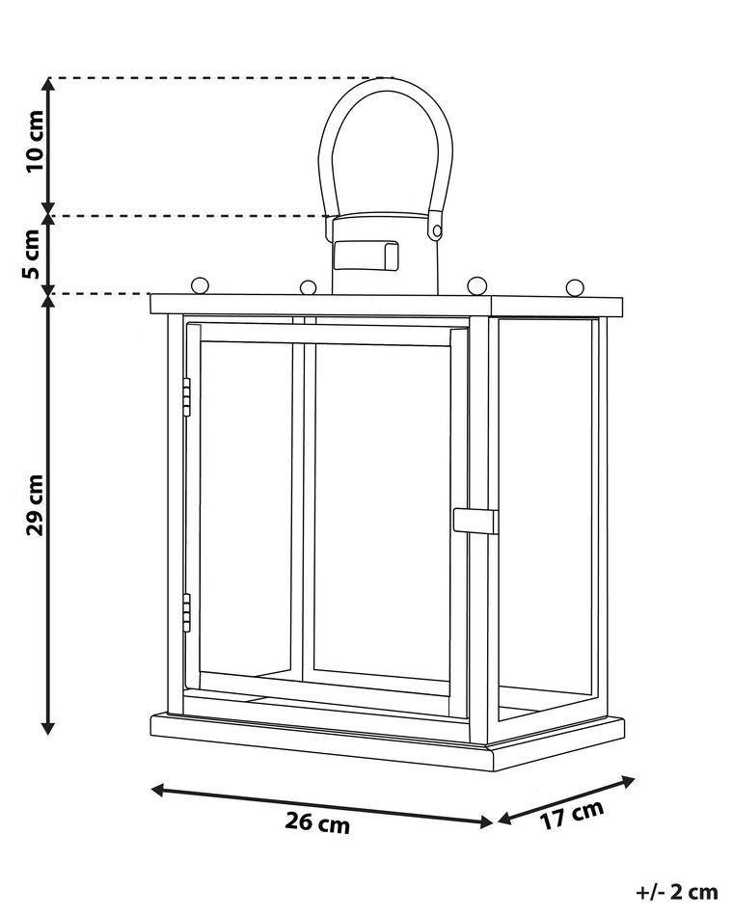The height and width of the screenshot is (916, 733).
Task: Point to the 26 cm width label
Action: click(x=317, y=823)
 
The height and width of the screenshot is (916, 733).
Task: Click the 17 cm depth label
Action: click(x=571, y=815)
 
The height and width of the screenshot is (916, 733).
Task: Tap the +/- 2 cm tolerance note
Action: click(x=676, y=892)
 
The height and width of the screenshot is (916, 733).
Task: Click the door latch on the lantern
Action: click(x=475, y=521)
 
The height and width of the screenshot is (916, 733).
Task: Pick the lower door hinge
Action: click(x=186, y=613)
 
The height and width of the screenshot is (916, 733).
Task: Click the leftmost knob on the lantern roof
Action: click(x=200, y=285)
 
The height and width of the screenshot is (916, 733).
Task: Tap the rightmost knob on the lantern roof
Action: click(x=575, y=288)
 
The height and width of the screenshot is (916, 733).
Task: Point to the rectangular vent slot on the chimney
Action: click(x=366, y=256)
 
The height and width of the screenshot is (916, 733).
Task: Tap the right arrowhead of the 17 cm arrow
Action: click(x=629, y=781)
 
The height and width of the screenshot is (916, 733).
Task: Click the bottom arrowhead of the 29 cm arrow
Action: click(x=48, y=728)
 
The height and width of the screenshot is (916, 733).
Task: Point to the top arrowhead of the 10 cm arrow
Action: click(x=49, y=84)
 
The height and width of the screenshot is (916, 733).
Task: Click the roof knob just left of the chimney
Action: click(x=308, y=288)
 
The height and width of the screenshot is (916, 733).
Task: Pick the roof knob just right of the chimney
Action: click(x=477, y=286)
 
